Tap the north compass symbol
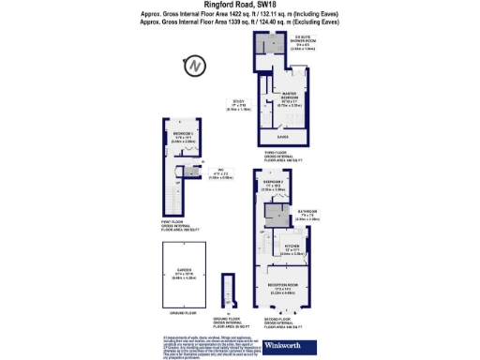coord(194,67)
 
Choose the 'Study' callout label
coord(238,104)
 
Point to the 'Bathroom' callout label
coord(309,215)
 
